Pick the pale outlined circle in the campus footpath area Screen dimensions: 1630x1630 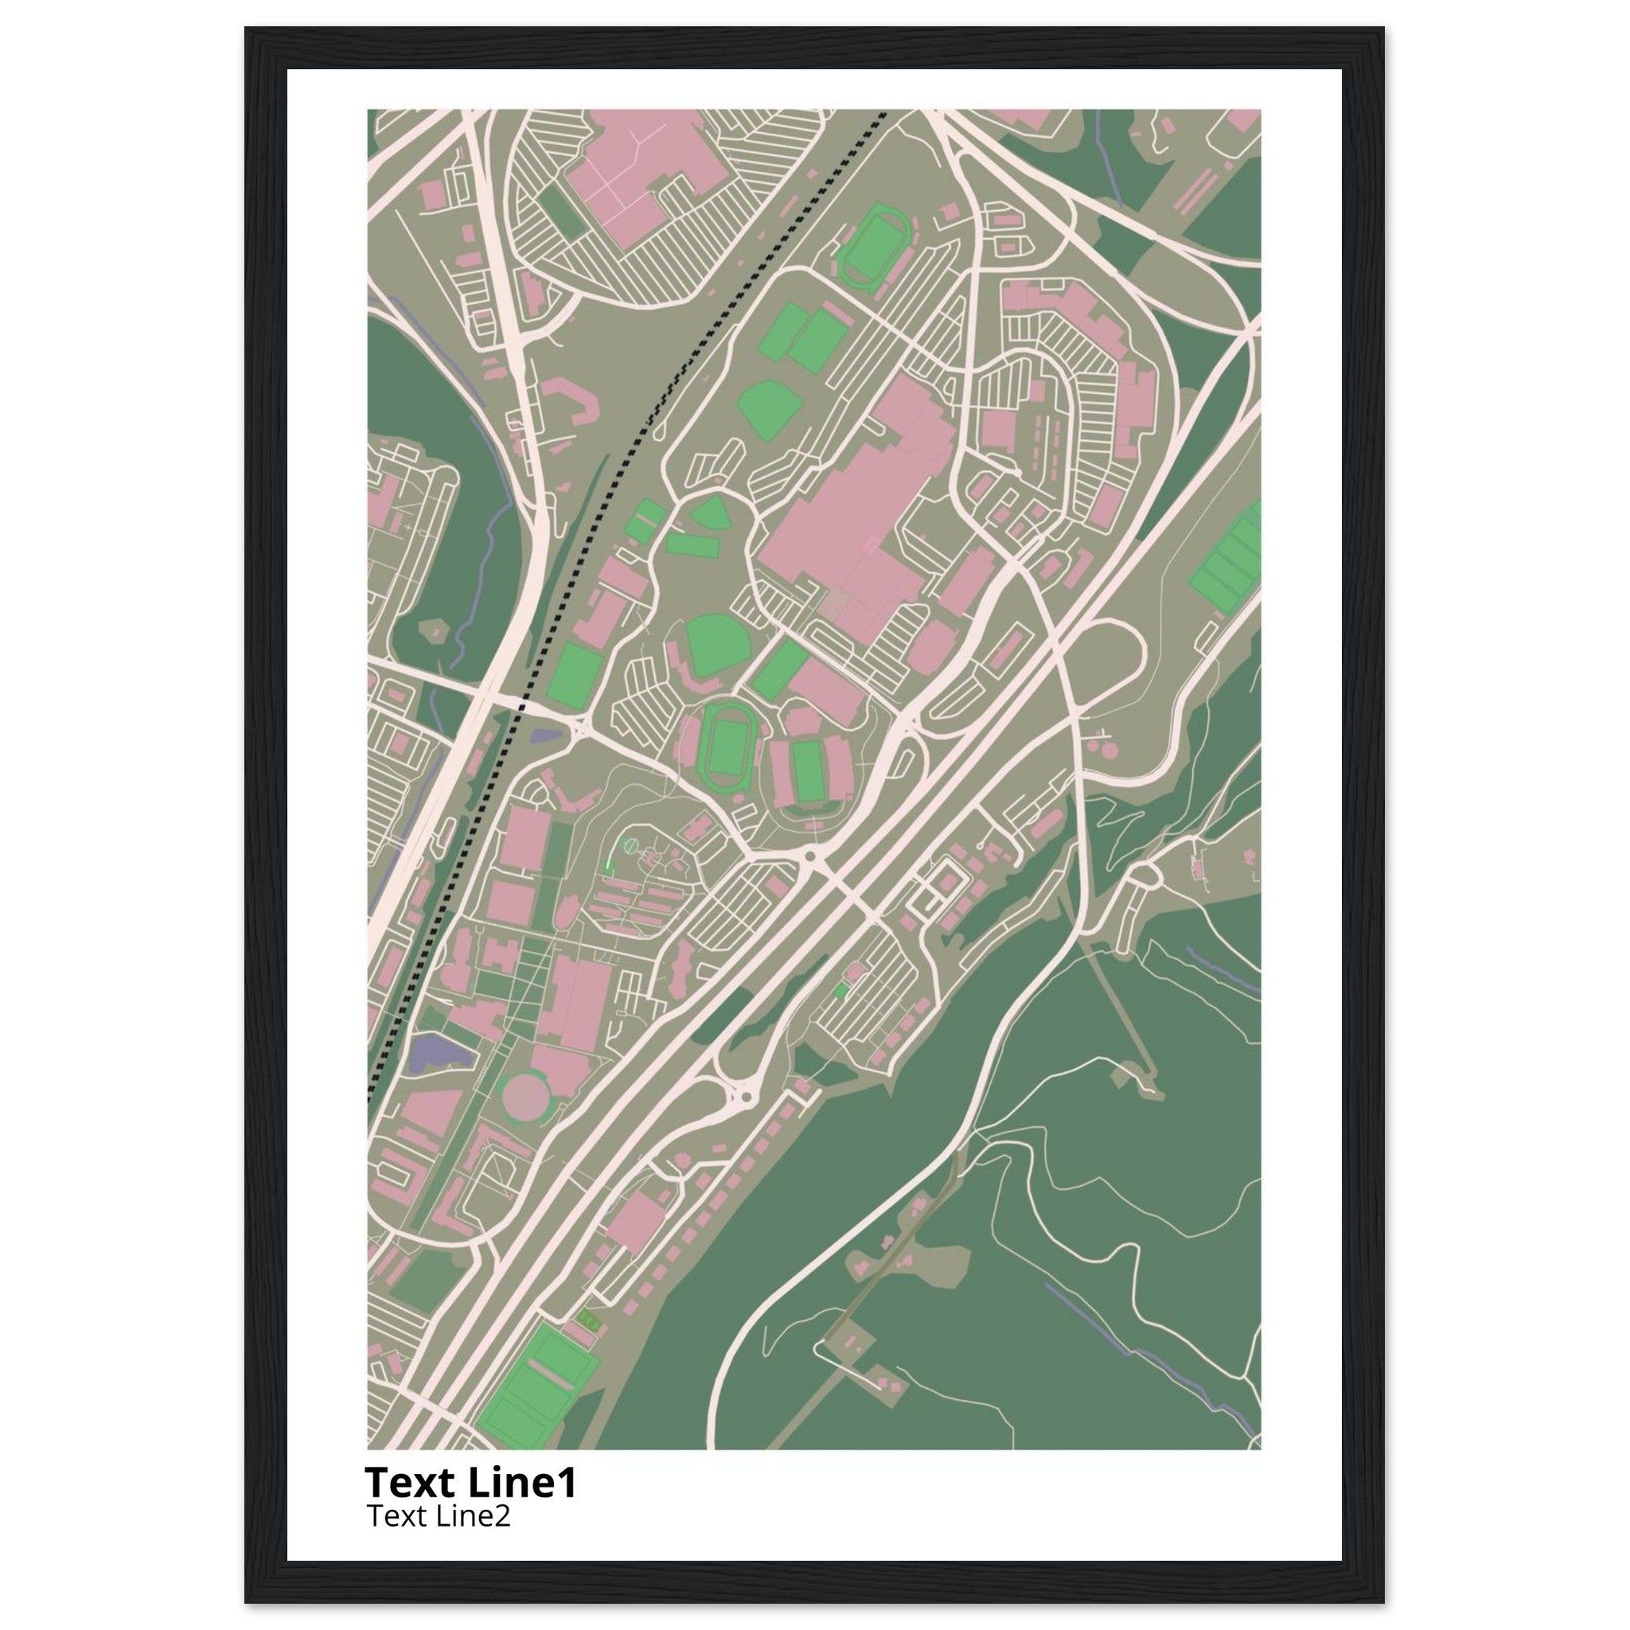[630, 844]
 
